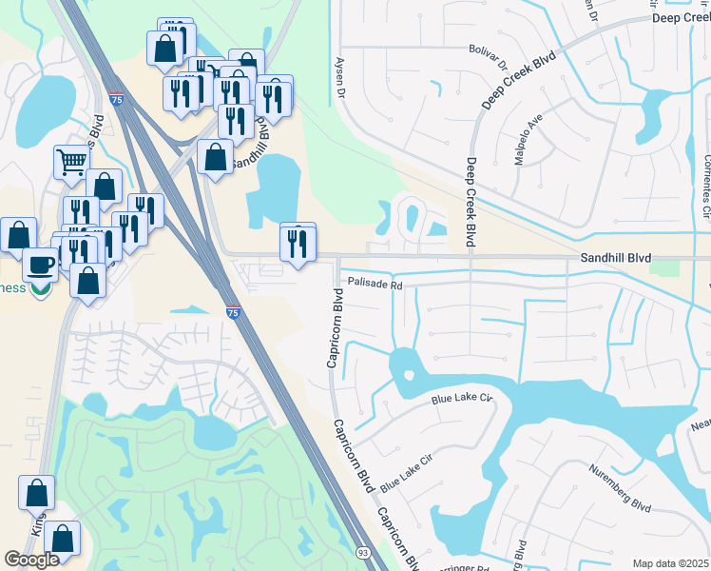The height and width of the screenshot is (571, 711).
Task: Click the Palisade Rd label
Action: [375, 284]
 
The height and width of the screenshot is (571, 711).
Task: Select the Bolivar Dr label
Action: [488, 54]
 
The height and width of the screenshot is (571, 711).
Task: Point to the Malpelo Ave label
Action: [528, 140]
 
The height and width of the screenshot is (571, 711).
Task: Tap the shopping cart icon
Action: [71, 162]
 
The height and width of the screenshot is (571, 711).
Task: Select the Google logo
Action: [31, 560]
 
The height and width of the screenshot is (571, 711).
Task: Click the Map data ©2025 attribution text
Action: [671, 563]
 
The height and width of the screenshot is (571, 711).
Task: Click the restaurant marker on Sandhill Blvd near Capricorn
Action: [298, 243]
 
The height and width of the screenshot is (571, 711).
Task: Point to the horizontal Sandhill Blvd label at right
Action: [616, 258]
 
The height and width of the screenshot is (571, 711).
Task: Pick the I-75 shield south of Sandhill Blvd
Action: [233, 311]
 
